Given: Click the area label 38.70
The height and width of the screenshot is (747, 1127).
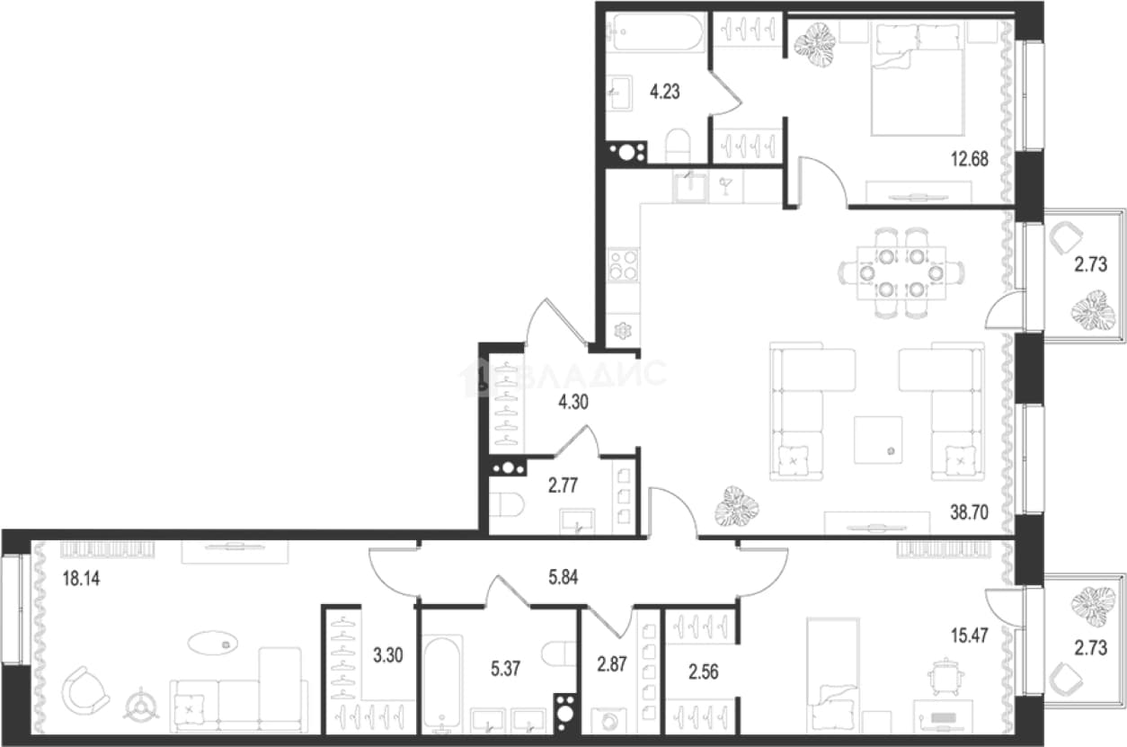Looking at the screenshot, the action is pos(969,512).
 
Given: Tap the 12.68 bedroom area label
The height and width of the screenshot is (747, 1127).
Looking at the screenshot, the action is pos(969,159).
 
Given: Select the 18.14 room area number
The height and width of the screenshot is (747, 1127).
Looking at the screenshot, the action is pos(81,579).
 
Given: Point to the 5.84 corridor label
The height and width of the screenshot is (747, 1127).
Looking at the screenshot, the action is pos(563,577).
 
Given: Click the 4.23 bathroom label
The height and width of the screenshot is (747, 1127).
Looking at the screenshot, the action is pos(665,92).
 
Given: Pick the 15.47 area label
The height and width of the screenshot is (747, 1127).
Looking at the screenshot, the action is pos(969,636).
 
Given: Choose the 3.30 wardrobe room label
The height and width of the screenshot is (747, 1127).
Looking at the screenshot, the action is pos(388,655).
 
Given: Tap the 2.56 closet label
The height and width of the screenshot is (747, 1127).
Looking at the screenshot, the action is pos(704,672).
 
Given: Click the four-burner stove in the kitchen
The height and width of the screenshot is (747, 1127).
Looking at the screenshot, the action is pos(623,265).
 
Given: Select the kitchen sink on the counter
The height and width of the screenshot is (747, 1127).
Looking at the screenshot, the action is pos(690,186).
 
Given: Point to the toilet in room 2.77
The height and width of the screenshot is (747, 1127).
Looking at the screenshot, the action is pos(506,504).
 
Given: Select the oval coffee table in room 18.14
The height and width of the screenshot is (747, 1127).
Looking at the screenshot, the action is pos(213,643).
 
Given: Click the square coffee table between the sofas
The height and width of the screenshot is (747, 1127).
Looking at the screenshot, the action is pos(878,440).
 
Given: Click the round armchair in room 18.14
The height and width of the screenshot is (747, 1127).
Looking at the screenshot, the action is pos(85,690).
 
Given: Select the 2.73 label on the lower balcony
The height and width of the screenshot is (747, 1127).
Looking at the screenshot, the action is pos(1091,648).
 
